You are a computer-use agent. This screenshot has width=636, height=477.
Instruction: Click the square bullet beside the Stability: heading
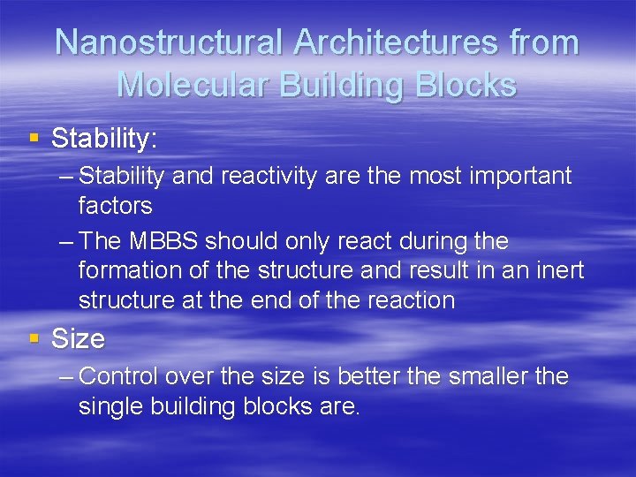point(35,137)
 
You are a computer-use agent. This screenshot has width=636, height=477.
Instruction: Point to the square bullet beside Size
point(35,337)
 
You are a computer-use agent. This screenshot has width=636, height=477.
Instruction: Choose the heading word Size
point(79,338)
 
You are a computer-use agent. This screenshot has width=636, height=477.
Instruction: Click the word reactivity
point(262,177)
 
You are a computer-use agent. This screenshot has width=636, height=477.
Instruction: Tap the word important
point(520,177)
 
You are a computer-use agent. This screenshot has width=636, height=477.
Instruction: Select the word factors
point(115,207)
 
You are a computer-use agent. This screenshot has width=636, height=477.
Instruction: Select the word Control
point(124,377)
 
